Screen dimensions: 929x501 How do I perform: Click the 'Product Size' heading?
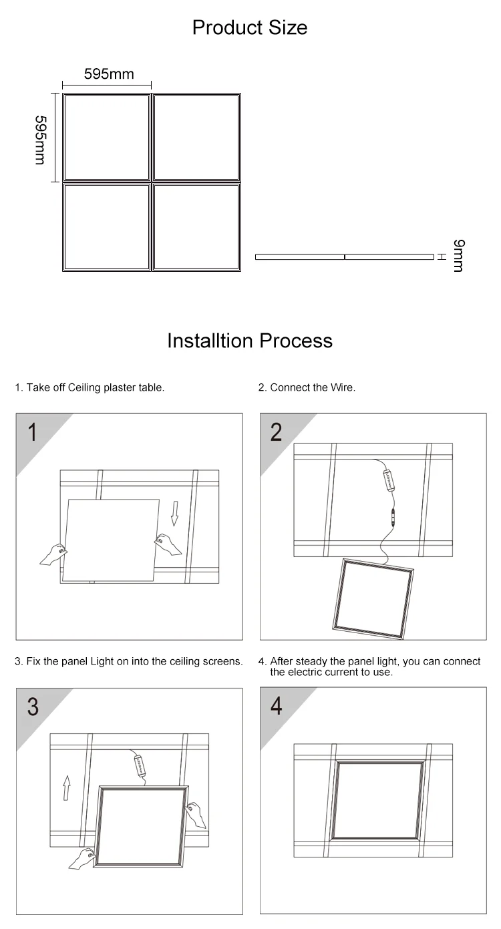[x=250, y=27]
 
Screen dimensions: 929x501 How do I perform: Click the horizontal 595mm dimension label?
[x=108, y=74]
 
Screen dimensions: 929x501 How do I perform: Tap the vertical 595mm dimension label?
[x=41, y=139]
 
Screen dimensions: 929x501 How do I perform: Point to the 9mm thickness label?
[x=458, y=256]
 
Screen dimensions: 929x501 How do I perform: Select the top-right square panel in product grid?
[x=196, y=137]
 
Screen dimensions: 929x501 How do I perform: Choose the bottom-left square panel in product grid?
[x=106, y=227]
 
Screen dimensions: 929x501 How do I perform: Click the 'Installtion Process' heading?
[x=250, y=341]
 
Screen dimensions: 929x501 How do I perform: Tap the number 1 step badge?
[x=32, y=433]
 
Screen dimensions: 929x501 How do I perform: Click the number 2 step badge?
[x=276, y=433]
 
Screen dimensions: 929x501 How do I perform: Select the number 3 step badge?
[x=32, y=707]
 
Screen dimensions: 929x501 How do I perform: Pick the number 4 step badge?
[x=276, y=707]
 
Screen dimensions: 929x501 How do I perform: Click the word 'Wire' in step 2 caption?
[x=342, y=387]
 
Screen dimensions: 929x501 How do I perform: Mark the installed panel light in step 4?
[x=379, y=800]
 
